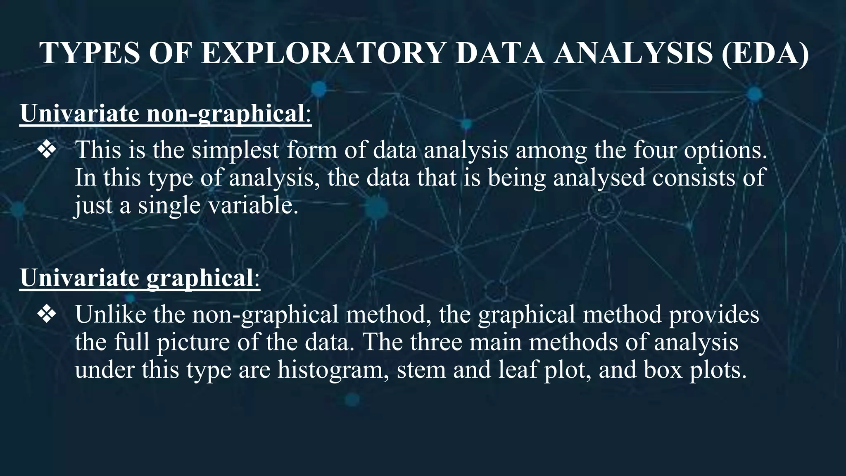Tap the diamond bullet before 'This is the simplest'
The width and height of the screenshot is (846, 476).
pyautogui.click(x=47, y=150)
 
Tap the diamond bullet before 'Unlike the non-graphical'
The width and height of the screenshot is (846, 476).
pyautogui.click(x=47, y=314)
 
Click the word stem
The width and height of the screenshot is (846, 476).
pyautogui.click(x=421, y=370)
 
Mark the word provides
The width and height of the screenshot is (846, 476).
pyautogui.click(x=713, y=314)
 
